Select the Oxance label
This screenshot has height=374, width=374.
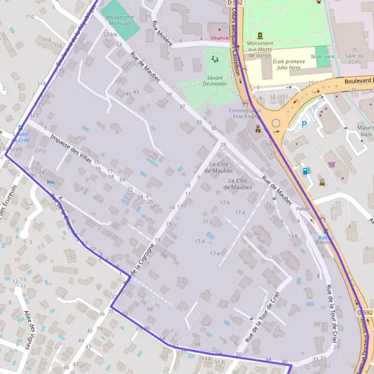click(x=219, y=37)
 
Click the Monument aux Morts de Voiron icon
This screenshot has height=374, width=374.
click(x=260, y=35)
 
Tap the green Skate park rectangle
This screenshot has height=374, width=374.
click(x=322, y=52)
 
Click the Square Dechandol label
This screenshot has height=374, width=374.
click(x=215, y=82)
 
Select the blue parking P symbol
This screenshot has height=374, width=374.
click(x=305, y=124)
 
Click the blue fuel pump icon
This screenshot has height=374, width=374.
click(x=305, y=170)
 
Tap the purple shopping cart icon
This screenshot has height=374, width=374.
click(x=332, y=165)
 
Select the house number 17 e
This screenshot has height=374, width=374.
click(x=215, y=254)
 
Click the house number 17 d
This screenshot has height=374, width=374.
click(x=199, y=241)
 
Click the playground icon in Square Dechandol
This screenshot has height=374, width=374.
click(x=215, y=59)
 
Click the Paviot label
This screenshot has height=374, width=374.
click(x=304, y=209)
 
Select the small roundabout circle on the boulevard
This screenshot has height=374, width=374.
click(x=275, y=123)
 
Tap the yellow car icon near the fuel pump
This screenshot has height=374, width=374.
click(x=322, y=183)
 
